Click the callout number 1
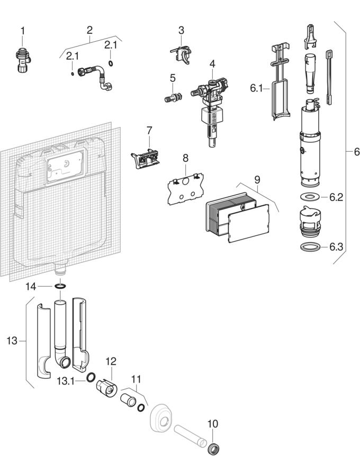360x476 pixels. [x=22, y=31]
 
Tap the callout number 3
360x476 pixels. [x=181, y=30]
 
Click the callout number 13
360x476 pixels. [x=12, y=341]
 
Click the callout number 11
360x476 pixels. [x=137, y=379]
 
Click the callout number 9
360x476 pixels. [x=257, y=179]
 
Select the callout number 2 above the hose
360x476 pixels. [x=89, y=30]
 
